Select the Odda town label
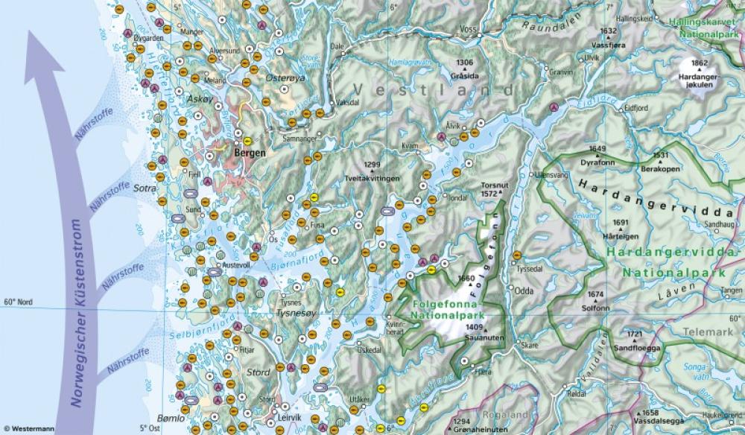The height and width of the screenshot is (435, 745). (524, 290)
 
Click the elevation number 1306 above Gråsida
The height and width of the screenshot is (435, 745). (464, 63)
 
